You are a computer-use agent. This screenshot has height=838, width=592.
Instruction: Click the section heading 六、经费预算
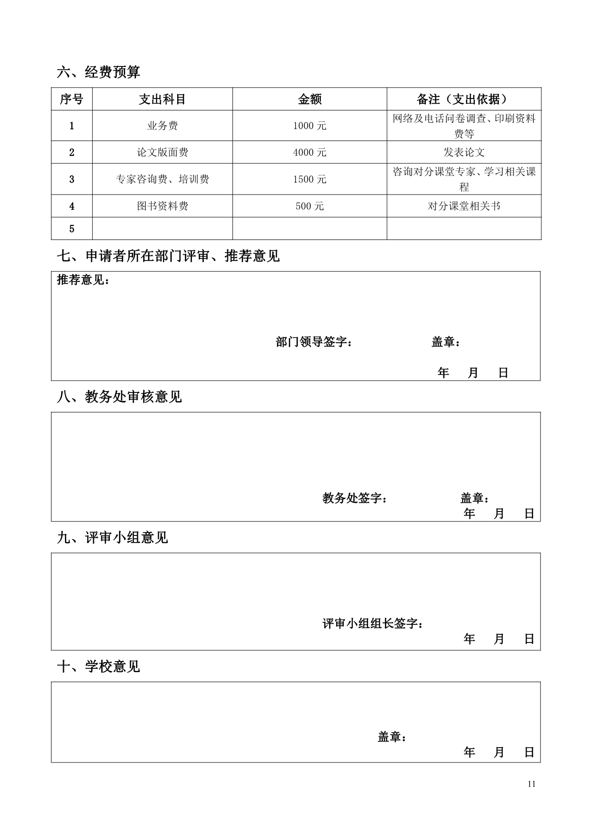(x=98, y=73)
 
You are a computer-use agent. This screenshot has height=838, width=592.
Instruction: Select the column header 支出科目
(x=162, y=99)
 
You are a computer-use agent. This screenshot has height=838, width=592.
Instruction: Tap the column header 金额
(x=309, y=99)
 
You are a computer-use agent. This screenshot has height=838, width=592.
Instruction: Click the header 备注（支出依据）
(x=464, y=99)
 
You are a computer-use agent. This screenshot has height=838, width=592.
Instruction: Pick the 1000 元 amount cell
(x=309, y=126)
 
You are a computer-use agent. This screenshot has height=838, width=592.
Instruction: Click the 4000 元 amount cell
(x=309, y=152)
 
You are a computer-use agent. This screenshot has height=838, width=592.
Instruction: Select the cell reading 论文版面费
(x=162, y=152)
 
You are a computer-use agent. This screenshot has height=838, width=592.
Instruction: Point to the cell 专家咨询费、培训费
(x=162, y=180)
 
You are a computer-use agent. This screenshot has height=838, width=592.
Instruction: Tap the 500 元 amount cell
(x=309, y=207)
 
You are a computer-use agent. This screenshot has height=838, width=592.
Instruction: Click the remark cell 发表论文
(x=464, y=152)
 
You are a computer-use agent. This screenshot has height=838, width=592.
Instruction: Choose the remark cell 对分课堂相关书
(x=464, y=207)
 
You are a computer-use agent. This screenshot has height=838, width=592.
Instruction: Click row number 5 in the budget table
(x=72, y=229)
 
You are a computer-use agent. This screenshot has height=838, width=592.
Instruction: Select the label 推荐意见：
(x=83, y=280)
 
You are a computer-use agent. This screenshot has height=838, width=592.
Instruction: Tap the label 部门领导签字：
(x=314, y=342)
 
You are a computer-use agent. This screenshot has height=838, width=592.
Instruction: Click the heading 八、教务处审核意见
(x=119, y=397)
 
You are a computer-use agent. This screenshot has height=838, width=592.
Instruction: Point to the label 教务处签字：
(x=354, y=499)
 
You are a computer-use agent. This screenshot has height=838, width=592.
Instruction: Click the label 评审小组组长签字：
(x=372, y=624)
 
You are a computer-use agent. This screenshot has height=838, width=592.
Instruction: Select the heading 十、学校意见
(x=98, y=667)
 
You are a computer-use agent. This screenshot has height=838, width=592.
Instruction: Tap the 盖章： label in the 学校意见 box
(x=392, y=738)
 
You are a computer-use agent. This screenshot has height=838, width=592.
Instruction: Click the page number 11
(x=532, y=784)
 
